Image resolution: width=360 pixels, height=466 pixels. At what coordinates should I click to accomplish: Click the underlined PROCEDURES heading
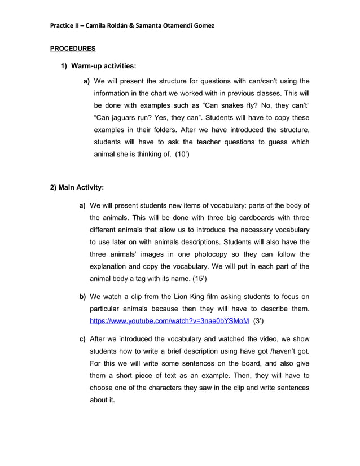[73, 49]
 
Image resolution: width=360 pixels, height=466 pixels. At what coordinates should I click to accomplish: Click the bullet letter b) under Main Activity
[82, 297]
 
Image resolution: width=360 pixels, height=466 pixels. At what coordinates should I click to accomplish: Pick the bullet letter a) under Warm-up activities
[87, 81]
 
